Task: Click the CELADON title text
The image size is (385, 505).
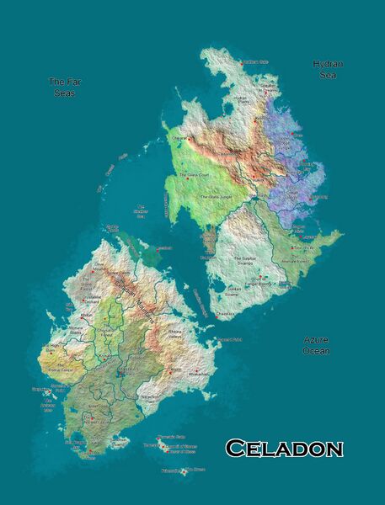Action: click(x=285, y=448)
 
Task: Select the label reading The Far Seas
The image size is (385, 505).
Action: click(x=62, y=88)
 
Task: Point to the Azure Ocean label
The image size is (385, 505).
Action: click(x=317, y=345)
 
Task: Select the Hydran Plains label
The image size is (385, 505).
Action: click(x=241, y=98)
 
